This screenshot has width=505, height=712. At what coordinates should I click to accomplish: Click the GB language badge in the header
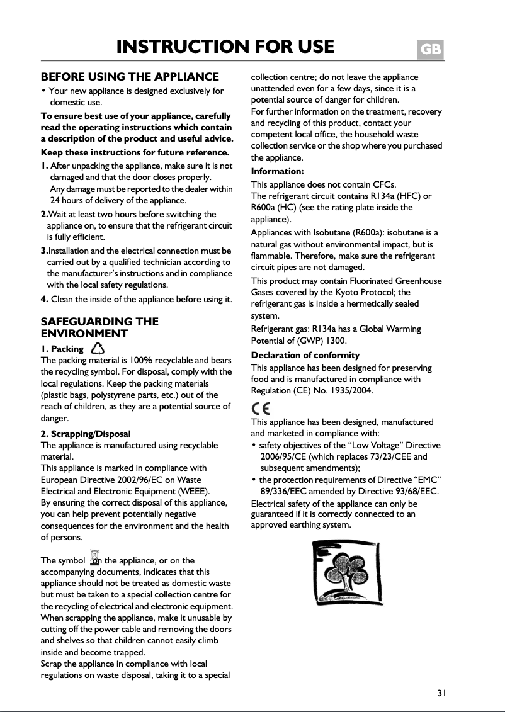pyautogui.click(x=431, y=49)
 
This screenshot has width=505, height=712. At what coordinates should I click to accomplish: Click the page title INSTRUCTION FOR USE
pyautogui.click(x=225, y=47)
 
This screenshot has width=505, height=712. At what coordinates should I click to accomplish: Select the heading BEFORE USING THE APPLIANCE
pyautogui.click(x=130, y=77)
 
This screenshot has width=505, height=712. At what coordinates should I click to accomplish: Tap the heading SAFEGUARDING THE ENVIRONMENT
pyautogui.click(x=99, y=327)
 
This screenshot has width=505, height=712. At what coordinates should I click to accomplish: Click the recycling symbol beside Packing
pyautogui.click(x=98, y=348)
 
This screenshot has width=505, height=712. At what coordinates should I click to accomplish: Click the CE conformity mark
pyautogui.click(x=261, y=408)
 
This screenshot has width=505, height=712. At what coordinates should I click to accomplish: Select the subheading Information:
pyautogui.click(x=278, y=171)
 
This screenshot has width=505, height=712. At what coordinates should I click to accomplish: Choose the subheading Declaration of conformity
pyautogui.click(x=305, y=355)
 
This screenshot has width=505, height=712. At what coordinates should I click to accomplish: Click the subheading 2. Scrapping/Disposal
pyautogui.click(x=86, y=434)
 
